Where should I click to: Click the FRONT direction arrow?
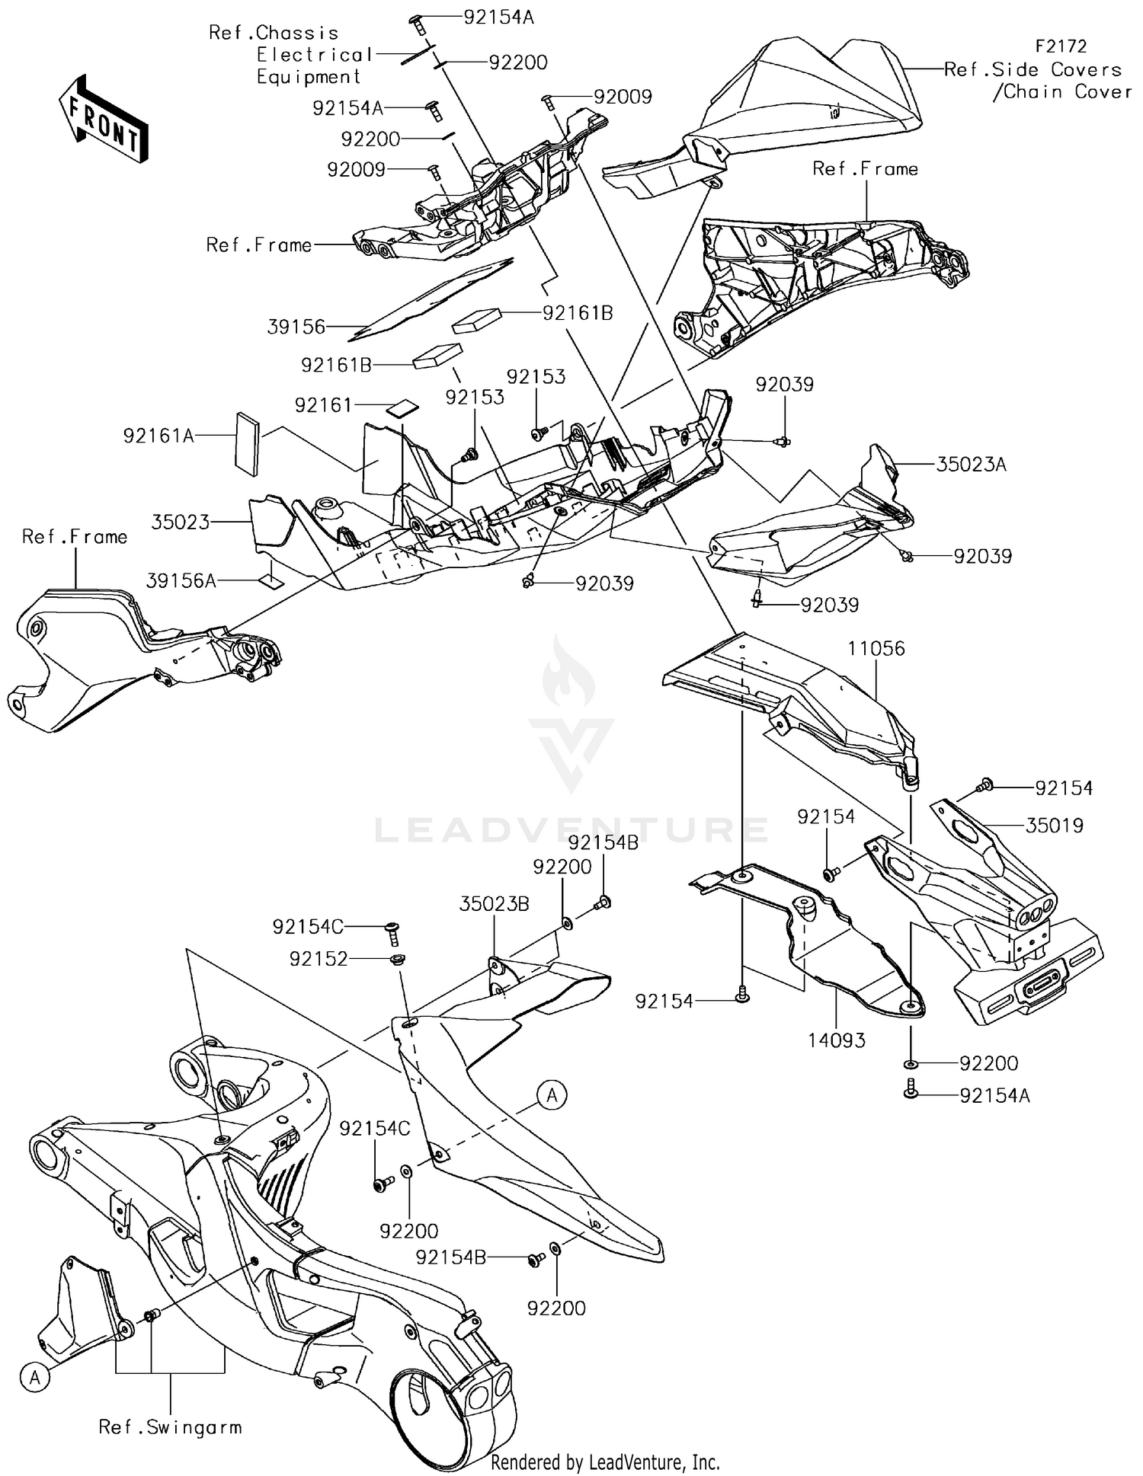[103, 118]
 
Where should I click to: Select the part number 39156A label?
[181, 581]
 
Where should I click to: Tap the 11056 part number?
[876, 649]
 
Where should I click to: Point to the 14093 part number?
[837, 1040]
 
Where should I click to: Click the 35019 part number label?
[1054, 826]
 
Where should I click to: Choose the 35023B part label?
[494, 904]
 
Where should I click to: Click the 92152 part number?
[318, 960]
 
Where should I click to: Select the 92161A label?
[158, 436]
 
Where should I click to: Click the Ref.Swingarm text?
[170, 1427]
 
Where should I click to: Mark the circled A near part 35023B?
[552, 1095]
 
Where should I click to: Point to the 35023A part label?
[971, 465]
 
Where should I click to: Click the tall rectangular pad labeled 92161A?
[247, 444]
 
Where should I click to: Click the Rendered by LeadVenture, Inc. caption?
[605, 1462]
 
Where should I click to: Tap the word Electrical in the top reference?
[314, 55]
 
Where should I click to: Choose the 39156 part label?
[296, 327]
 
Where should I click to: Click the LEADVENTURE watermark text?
[571, 829]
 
